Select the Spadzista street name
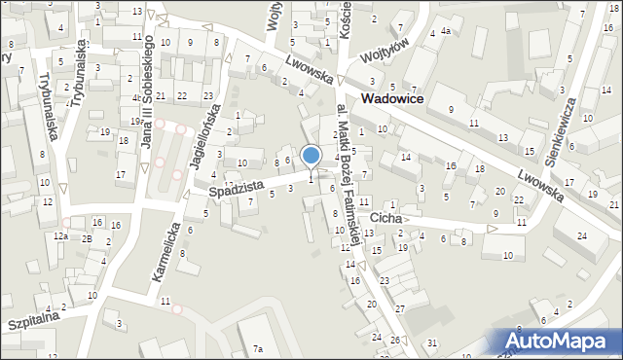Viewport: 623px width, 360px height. tap(238, 190)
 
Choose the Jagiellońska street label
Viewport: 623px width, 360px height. tap(215, 126)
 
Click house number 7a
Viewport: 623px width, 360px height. tap(258, 348)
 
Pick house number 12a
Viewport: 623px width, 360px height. tap(61, 236)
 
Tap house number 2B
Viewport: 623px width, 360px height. tap(86, 237)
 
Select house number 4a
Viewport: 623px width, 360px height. tap(444, 32)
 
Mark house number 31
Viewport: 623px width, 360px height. tap(432, 342)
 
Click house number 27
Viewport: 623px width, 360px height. tap(399, 308)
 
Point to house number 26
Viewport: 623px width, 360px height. tap(395, 340)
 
